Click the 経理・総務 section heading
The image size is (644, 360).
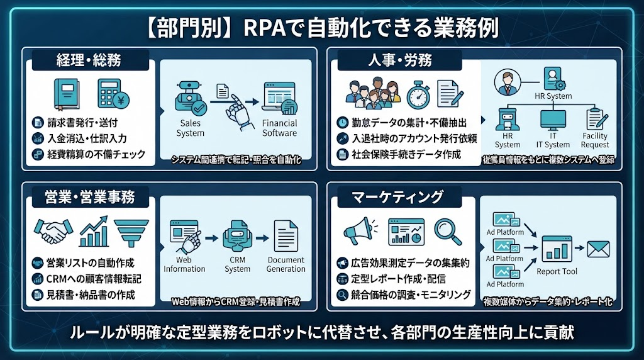[x=89, y=60]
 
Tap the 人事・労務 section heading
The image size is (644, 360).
[x=399, y=60]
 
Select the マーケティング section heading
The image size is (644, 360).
[x=397, y=197]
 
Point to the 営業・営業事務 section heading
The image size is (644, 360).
[x=89, y=197]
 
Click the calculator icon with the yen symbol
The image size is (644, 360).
[x=113, y=94]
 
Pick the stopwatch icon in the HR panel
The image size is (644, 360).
[x=418, y=95]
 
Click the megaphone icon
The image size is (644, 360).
[x=360, y=231]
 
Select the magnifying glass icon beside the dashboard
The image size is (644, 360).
[x=447, y=232]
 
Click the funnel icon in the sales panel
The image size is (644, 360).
[x=131, y=233]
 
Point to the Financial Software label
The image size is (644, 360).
[x=279, y=128]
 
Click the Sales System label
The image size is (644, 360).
[x=190, y=128]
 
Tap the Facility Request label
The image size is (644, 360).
[x=595, y=140]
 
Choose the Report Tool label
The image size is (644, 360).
[x=557, y=271]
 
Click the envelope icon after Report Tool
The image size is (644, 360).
[x=598, y=249]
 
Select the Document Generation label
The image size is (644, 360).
[x=286, y=264]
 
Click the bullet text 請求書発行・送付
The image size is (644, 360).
[x=82, y=123]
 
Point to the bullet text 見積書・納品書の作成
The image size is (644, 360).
[x=91, y=295]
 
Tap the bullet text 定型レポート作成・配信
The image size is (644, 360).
[x=398, y=279]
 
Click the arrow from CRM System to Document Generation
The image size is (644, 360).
[x=262, y=238]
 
